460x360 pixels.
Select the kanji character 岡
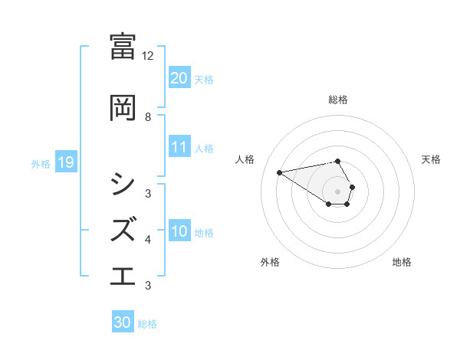pos(123,108)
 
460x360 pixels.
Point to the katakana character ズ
pos(123,229)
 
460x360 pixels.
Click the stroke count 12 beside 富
pos(148,56)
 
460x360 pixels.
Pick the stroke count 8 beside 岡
pos(148,116)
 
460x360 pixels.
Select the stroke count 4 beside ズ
pos(148,239)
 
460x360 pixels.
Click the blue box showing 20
pos(179,77)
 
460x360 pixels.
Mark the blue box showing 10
pos(179,231)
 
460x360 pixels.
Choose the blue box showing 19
pos(66,162)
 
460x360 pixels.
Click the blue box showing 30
pos(123,322)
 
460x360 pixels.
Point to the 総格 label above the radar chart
pos(338,100)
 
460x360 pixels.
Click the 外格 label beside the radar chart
pos(269,262)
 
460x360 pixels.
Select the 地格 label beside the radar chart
pos(402,262)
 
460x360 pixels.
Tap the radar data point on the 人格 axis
pos(280,172)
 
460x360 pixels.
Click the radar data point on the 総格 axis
pos(338,161)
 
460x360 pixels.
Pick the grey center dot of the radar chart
pos(338,191)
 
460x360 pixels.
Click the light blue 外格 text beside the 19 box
pos(41,163)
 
